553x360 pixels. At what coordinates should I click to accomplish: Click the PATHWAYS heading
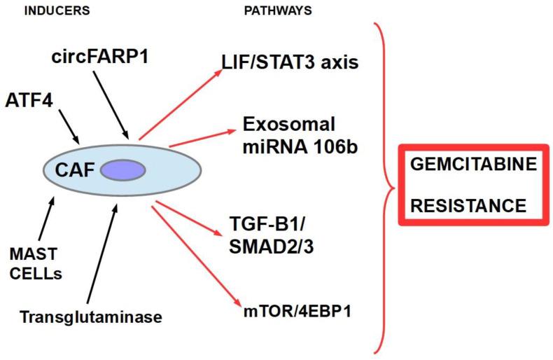point(277,11)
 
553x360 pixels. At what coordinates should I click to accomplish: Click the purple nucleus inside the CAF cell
point(123,170)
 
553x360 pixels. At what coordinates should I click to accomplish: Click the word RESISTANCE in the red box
point(468,205)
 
